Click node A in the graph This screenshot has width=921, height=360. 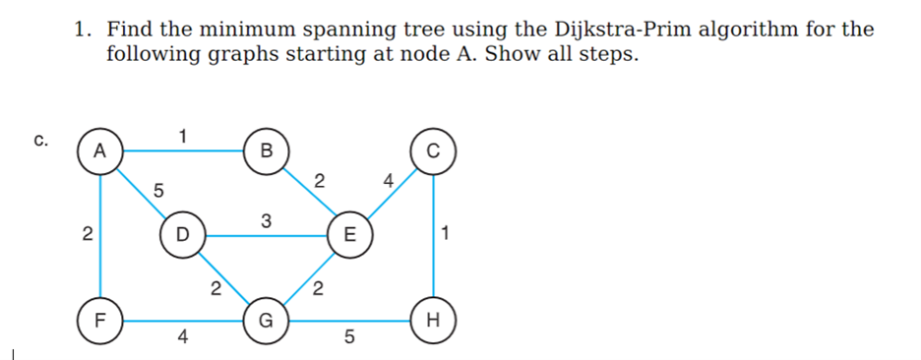[x=99, y=150]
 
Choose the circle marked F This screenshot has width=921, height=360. [x=99, y=321]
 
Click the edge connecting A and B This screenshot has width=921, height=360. [x=182, y=150]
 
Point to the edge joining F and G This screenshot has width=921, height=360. [x=182, y=321]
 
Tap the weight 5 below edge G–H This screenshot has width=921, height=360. [x=348, y=339]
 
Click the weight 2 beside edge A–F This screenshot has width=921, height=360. [x=87, y=235]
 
